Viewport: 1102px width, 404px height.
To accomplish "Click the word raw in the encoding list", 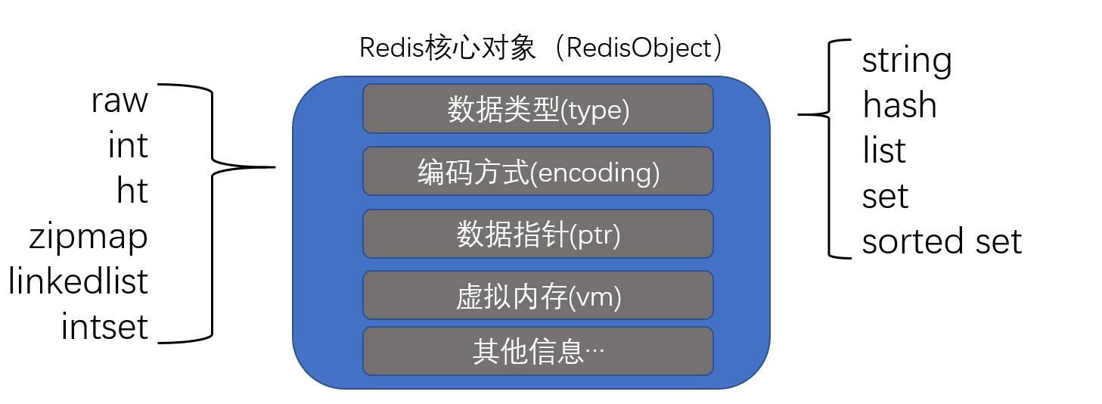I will (x=120, y=101).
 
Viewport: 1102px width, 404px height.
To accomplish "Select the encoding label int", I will (x=128, y=145).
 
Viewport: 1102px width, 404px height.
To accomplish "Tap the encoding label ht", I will (x=132, y=191).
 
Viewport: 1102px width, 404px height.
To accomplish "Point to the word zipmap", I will (x=88, y=238).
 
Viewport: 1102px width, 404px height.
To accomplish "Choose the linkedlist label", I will (x=79, y=281).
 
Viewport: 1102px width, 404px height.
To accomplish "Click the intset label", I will (x=104, y=327).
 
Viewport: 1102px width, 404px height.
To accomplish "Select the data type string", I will (x=906, y=61).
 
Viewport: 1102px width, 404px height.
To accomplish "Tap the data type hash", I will (x=899, y=106).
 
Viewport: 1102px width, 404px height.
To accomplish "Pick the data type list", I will (x=883, y=151).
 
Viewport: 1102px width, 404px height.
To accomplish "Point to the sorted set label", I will (x=942, y=241).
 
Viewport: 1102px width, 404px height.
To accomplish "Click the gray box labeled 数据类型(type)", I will (x=538, y=109).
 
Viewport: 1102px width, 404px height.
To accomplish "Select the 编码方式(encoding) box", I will (x=538, y=171).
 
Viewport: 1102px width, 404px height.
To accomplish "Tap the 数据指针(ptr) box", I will (x=538, y=234).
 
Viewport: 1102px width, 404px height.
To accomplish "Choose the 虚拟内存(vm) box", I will (x=538, y=295).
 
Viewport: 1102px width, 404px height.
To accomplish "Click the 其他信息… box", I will (x=538, y=351).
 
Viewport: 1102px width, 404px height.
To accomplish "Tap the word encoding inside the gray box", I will (x=592, y=173).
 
